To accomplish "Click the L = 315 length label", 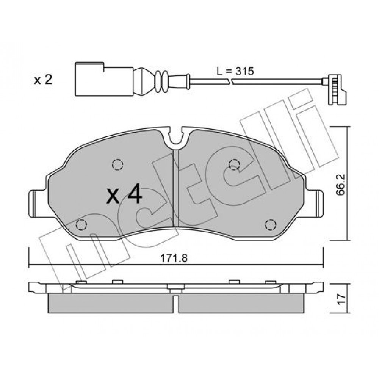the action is [x=235, y=71].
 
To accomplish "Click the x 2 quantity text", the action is [x=43, y=80].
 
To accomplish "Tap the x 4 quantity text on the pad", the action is [x=124, y=193].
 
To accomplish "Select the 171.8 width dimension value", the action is [x=174, y=258].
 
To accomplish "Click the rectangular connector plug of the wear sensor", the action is [x=104, y=79].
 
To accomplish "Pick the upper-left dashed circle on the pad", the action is [x=118, y=165].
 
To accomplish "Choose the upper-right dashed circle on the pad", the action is [x=234, y=165].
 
